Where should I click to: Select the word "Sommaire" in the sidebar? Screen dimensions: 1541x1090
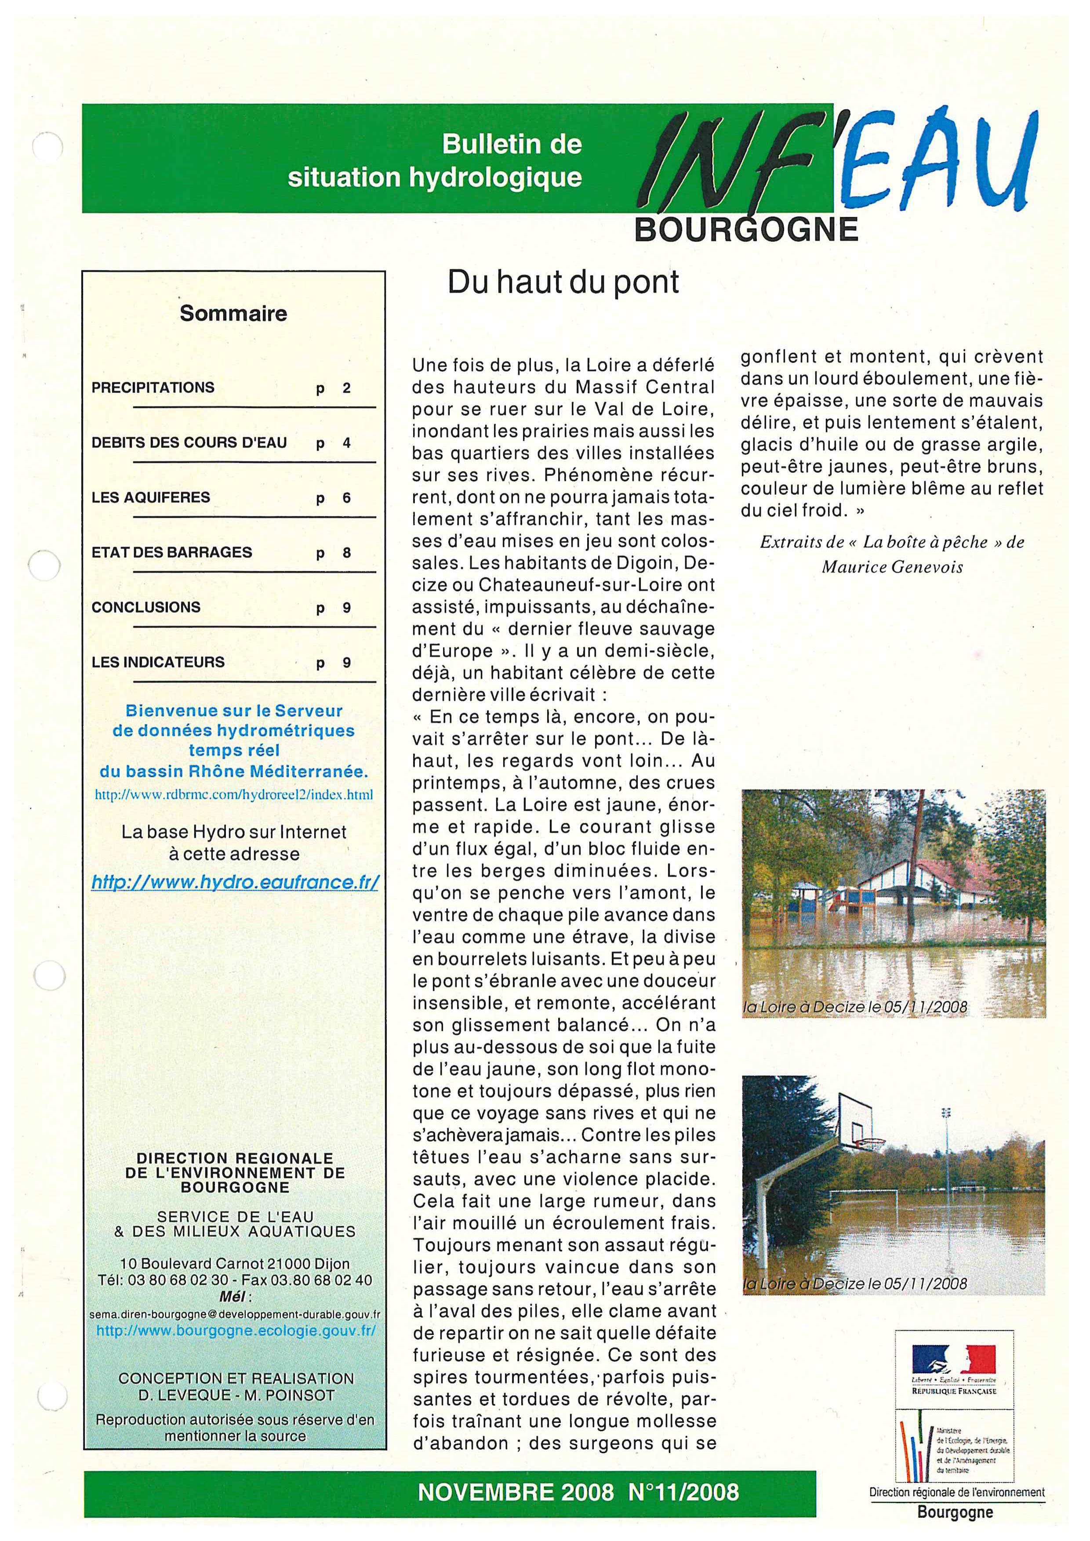click(x=233, y=313)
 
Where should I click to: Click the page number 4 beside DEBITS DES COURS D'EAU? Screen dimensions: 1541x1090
click(x=346, y=443)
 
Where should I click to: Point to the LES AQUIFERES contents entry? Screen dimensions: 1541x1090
click(x=151, y=497)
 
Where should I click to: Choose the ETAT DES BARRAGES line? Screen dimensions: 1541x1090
click(x=172, y=552)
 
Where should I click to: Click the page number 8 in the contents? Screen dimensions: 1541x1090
click(x=346, y=553)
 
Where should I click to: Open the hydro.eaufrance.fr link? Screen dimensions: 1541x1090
click(x=235, y=882)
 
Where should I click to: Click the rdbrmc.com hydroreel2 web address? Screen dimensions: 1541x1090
click(x=233, y=794)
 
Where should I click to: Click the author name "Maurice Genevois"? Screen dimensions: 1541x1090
click(x=892, y=567)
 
